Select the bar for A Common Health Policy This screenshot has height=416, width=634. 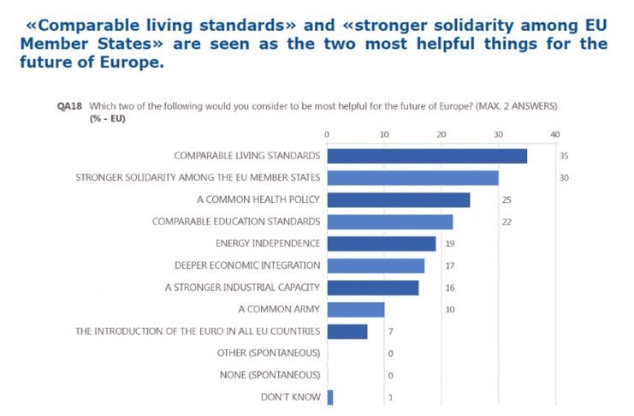(398, 199)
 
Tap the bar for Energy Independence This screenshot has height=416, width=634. (381, 244)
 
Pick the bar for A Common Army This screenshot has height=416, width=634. (355, 309)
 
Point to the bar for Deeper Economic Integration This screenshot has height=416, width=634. (376, 265)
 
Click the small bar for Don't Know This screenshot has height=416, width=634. (329, 397)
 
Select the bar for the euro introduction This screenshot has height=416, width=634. (347, 331)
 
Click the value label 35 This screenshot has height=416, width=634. (564, 156)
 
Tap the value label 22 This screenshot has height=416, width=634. (507, 222)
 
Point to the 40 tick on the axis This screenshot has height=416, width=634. (554, 134)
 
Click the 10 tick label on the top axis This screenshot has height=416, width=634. (384, 134)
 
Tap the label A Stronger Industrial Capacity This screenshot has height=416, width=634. (243, 288)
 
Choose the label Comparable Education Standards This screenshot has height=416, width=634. (236, 222)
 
